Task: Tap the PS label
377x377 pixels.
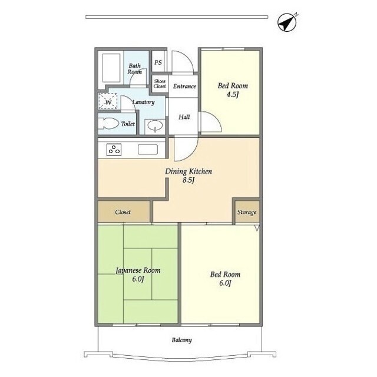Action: pyautogui.click(x=158, y=62)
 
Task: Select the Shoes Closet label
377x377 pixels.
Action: pyautogui.click(x=160, y=84)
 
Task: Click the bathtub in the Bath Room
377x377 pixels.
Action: pyautogui.click(x=111, y=68)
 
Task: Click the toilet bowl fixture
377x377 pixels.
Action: pyautogui.click(x=108, y=124)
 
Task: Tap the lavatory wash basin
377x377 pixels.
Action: pyautogui.click(x=155, y=125)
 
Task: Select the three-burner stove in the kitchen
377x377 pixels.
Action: pyautogui.click(x=114, y=150)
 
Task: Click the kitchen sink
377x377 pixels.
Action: pyautogui.click(x=148, y=149)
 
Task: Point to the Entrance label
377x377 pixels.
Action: pyautogui.click(x=184, y=87)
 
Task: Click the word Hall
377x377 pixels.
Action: pyautogui.click(x=184, y=117)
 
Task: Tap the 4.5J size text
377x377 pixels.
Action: pyautogui.click(x=233, y=94)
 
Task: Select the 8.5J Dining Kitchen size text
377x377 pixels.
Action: pyautogui.click(x=188, y=180)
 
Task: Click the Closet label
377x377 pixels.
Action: pyautogui.click(x=123, y=212)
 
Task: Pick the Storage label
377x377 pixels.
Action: pyautogui.click(x=247, y=212)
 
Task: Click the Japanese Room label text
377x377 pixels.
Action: pyautogui.click(x=138, y=270)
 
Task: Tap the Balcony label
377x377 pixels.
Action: pyautogui.click(x=182, y=340)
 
